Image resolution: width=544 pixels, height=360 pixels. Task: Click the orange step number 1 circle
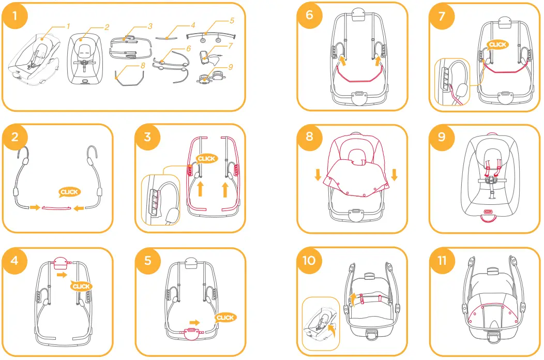click(x=15, y=16)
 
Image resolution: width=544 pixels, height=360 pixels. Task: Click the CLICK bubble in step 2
click(x=68, y=192)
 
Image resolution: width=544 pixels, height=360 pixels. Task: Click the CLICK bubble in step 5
click(x=225, y=318)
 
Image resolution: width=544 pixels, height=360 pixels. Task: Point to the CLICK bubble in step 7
click(x=497, y=45)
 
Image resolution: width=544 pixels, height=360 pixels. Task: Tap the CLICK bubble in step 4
click(x=81, y=286)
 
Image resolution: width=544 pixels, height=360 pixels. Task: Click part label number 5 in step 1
click(x=232, y=21)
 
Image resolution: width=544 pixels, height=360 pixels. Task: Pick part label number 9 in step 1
click(x=231, y=66)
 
